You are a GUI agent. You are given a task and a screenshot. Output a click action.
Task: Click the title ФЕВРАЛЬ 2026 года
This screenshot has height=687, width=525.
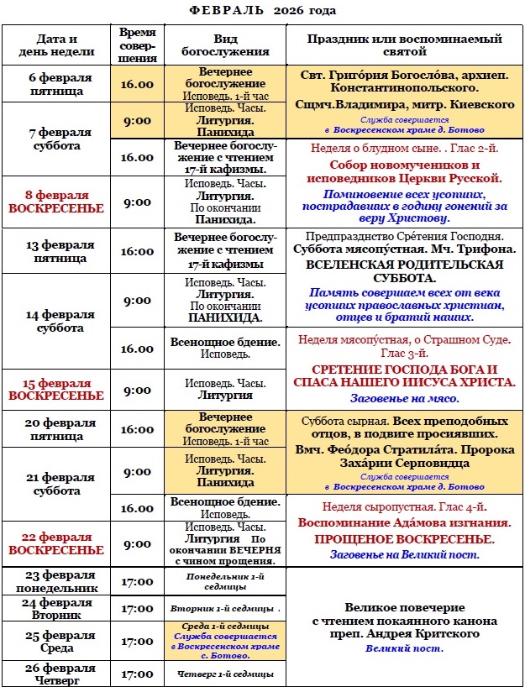(262, 10)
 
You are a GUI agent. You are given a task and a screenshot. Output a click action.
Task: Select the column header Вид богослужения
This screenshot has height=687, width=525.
(225, 45)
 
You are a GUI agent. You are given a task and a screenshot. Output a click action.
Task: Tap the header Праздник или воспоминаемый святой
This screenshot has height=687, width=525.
(405, 45)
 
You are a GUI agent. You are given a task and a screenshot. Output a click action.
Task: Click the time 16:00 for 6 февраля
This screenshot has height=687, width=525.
(137, 84)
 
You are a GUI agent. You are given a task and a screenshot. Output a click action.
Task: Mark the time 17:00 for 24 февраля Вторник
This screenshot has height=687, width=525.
(137, 608)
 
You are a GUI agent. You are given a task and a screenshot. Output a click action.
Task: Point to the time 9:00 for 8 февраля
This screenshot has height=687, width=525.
(137, 202)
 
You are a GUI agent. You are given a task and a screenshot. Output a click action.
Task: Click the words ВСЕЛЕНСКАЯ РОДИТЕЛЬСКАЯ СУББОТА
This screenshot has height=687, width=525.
(405, 272)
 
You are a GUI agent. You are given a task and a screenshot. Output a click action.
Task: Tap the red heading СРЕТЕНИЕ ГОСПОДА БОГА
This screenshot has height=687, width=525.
(405, 370)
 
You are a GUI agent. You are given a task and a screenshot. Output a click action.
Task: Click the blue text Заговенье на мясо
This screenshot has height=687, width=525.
(405, 398)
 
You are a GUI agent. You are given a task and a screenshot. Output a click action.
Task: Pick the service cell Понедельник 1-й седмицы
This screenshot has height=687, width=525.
(225, 581)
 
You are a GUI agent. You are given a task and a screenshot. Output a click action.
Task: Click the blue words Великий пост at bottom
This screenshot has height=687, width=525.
(405, 648)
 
